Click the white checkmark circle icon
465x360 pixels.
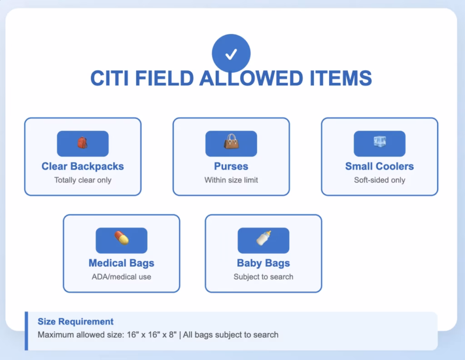point(231,54)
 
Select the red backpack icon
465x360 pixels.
point(82,143)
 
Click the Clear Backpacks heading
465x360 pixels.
point(83,166)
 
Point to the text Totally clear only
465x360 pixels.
point(83,180)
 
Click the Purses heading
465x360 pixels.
point(231,166)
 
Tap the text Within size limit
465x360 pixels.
point(231,180)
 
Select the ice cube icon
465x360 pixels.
point(380,142)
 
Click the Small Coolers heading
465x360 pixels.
point(380,166)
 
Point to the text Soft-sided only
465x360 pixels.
point(380,180)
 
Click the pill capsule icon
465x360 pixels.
point(121,238)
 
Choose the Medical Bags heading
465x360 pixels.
point(121,263)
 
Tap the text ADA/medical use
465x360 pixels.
point(121,277)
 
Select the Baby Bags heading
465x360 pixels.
point(263,263)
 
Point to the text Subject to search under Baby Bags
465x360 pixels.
point(263,277)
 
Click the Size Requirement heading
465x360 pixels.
point(75,322)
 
